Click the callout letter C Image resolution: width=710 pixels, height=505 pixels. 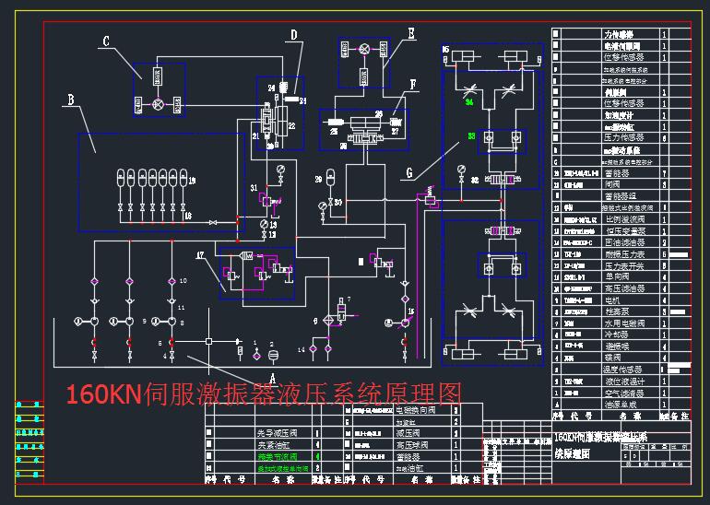(106, 41)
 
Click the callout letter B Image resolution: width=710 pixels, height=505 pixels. (70, 99)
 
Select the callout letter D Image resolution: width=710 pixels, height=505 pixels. (293, 36)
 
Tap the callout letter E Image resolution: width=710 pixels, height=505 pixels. (410, 33)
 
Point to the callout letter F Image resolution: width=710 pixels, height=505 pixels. (412, 83)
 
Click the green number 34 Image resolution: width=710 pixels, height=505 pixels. (469, 103)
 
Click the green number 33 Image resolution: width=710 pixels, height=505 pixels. (471, 136)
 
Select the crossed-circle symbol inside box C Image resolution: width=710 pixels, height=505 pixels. (158, 105)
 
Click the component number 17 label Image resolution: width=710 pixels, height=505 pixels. (200, 253)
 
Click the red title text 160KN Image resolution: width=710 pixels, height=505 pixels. (101, 394)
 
